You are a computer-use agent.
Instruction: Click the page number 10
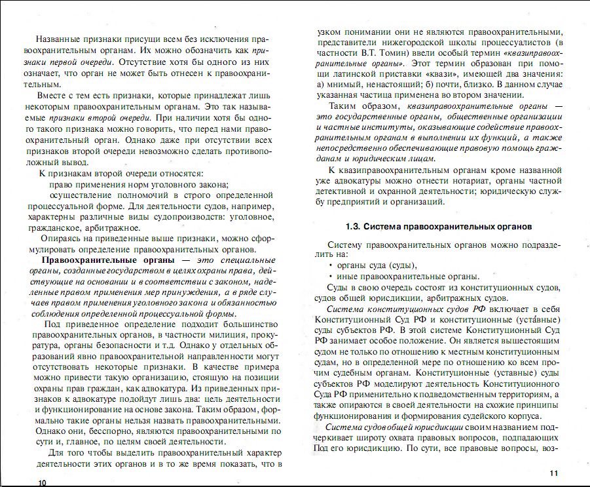point(43,482)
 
